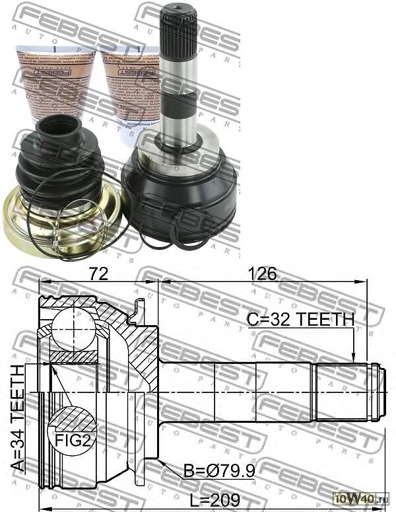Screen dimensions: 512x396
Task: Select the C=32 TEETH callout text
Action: pos(300,320)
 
